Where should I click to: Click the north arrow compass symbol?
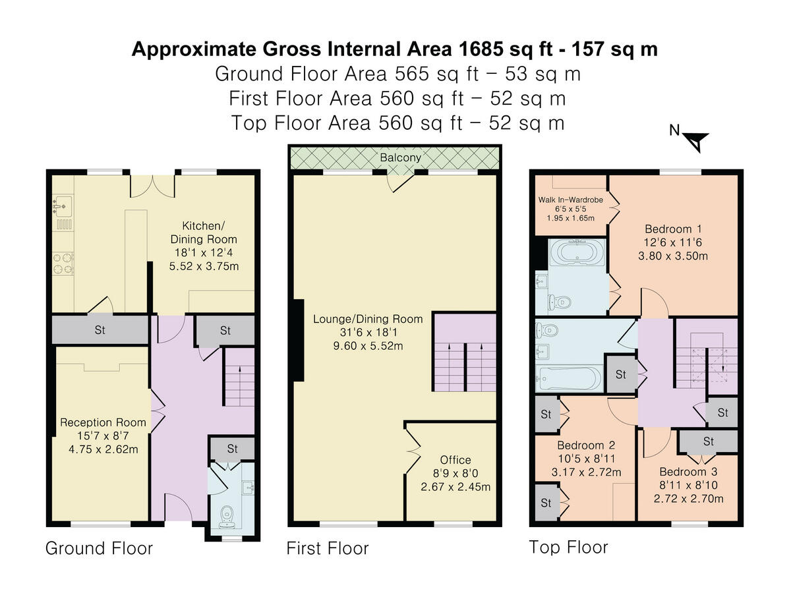coord(696,142)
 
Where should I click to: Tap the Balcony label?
coord(400,157)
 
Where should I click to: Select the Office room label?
coord(455,460)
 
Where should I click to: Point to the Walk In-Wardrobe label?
coord(570,200)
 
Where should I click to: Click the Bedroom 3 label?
coord(688,472)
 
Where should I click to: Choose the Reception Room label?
coord(103,422)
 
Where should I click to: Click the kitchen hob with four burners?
coord(63,264)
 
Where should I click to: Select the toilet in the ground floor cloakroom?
coord(227,517)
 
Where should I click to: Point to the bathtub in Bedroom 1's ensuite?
coord(577,252)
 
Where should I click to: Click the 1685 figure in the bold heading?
coord(481,49)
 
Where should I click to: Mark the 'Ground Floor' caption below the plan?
coord(99,548)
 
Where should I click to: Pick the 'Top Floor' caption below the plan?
coord(568,548)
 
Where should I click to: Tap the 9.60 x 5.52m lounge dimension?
coord(368,346)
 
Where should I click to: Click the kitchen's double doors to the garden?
coord(152,186)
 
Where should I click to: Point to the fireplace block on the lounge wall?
coord(299,340)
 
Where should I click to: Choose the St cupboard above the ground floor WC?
coord(232,448)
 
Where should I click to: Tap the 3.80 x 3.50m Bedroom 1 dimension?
coord(673,256)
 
